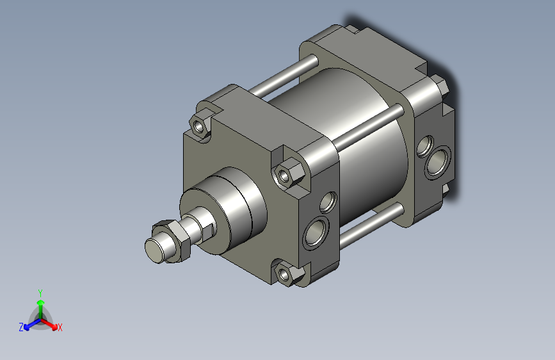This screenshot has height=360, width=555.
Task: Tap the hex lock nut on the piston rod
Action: click(x=172, y=240)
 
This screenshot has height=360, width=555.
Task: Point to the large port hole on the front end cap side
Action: click(x=316, y=233)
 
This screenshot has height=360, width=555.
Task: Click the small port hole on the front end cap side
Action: click(x=328, y=202)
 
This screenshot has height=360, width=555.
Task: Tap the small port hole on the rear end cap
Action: click(x=425, y=146)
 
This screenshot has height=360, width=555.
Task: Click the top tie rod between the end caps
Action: click(x=284, y=76)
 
